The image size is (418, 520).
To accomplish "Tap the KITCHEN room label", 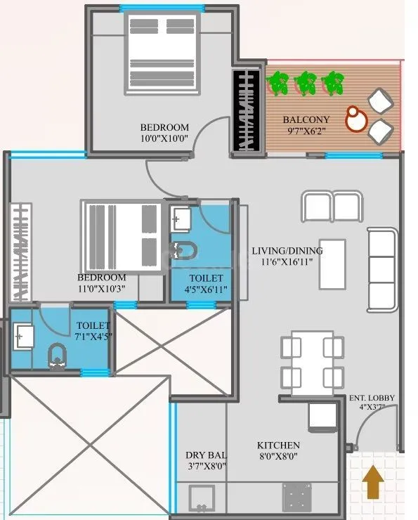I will point(278,446).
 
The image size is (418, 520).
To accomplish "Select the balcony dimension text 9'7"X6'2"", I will point(306,131).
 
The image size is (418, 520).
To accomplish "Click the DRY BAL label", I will point(204,455).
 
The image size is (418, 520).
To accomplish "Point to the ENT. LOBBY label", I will point(372,398).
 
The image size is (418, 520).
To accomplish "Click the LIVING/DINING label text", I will point(287,251).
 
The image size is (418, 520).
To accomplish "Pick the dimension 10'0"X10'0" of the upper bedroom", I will point(164,138).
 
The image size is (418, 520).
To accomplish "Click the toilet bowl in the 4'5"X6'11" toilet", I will point(185,250).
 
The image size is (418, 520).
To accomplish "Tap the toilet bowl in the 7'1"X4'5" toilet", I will point(56,356).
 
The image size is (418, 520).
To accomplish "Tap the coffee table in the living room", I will point(332,264).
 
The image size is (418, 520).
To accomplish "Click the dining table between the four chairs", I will point(312,358).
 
